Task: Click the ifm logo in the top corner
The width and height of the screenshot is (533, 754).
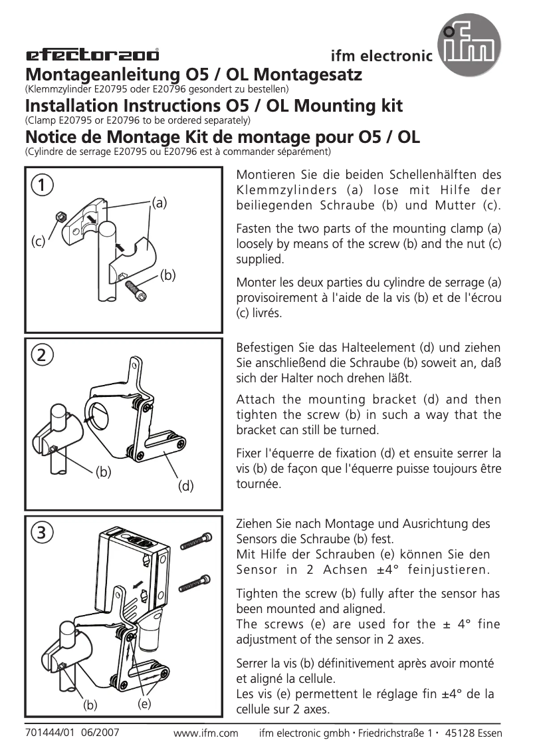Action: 469,46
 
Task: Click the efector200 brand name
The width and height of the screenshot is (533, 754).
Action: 92,55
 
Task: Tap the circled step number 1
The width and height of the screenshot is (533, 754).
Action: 41,186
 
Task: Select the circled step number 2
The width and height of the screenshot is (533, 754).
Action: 41,355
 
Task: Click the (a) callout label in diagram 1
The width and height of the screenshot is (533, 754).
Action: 159,202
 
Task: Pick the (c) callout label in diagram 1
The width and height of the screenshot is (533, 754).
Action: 38,242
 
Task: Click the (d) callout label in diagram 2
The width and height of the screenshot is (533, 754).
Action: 185,486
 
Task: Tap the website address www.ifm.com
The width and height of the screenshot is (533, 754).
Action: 205,733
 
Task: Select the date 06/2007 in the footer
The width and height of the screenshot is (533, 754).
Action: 100,733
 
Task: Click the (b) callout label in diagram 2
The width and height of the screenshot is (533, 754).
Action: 103,473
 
